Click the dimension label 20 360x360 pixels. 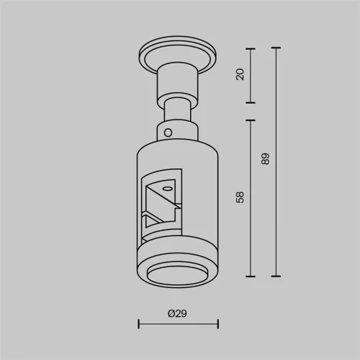240,74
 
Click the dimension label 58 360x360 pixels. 240,197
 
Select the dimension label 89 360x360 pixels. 265,158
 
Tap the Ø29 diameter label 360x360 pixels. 177,313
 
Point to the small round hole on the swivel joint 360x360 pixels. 168,132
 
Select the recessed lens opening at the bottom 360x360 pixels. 178,275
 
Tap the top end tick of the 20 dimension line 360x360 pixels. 251,49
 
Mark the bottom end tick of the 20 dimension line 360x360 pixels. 251,102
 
